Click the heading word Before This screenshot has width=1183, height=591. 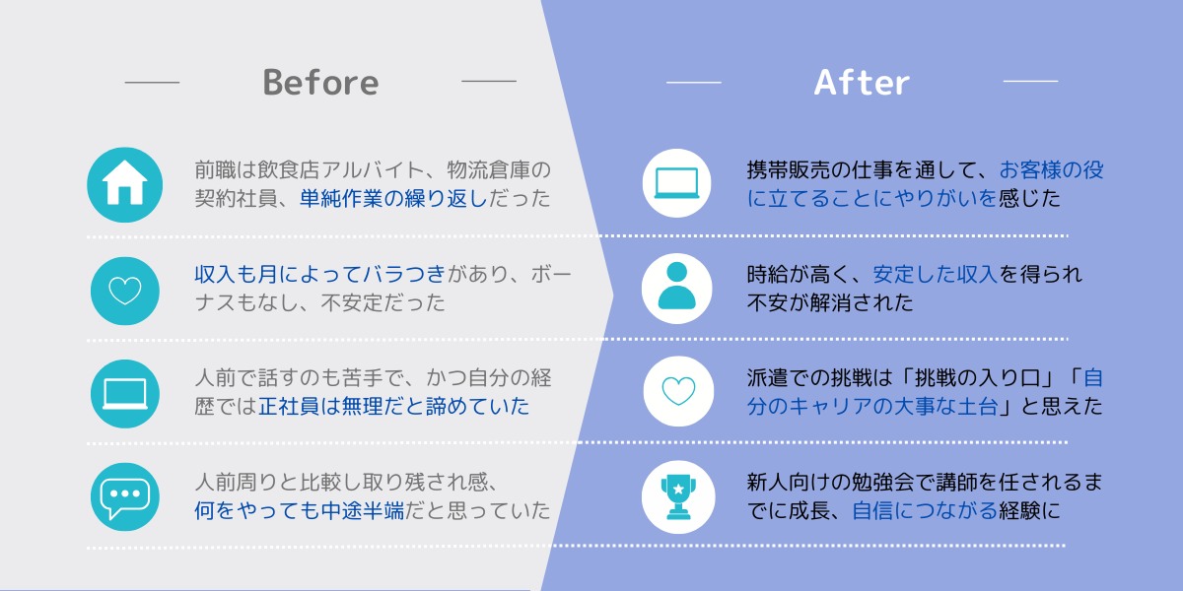click(x=320, y=83)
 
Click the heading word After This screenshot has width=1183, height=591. click(x=862, y=83)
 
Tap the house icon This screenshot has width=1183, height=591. click(x=124, y=185)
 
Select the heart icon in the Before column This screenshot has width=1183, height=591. click(x=124, y=291)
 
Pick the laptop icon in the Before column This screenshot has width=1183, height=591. click(x=124, y=394)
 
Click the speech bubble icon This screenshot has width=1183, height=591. click(x=124, y=497)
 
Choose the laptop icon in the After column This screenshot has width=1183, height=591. click(x=676, y=183)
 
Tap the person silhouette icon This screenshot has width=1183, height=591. click(x=676, y=288)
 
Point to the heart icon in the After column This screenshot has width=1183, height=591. click(x=678, y=391)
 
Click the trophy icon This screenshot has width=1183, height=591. click(x=678, y=497)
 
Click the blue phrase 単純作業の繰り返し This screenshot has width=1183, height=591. click(x=393, y=198)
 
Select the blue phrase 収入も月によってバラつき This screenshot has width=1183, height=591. click(x=320, y=275)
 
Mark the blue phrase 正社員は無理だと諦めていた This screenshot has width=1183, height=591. click(x=393, y=406)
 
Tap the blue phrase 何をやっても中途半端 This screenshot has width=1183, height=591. click(x=299, y=511)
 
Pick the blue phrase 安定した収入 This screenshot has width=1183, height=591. click(x=936, y=275)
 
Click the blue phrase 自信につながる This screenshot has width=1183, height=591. click(x=925, y=511)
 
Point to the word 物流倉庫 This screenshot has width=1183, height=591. click(x=488, y=169)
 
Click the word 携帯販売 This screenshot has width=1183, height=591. click(x=789, y=169)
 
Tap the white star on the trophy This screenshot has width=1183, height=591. click(x=678, y=490)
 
